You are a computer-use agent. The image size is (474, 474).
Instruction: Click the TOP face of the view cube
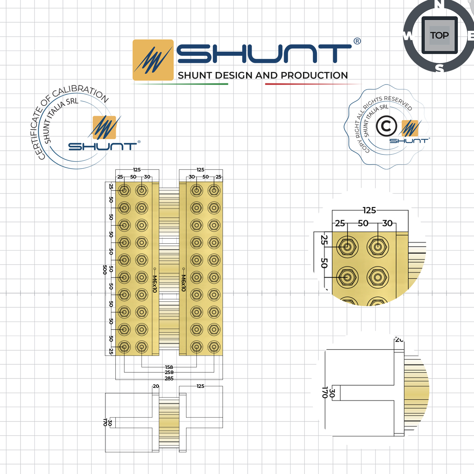pos(439,36)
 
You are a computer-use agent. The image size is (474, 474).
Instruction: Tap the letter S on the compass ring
pos(439,69)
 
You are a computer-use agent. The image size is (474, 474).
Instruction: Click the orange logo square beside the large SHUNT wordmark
pos(153,60)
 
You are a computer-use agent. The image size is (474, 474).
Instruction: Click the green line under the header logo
pos(180,84)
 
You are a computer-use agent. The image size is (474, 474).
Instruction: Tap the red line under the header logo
pos(312,84)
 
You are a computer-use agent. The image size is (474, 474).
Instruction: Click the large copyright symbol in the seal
pos(386,126)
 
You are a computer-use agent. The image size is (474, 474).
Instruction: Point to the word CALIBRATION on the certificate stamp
pos(81,92)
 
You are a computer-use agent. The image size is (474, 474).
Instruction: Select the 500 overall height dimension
pos(105,270)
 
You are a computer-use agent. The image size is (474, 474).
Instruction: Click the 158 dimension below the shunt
pos(169,367)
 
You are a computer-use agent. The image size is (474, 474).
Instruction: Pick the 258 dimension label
pos(169,372)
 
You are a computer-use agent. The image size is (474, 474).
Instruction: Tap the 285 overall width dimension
pos(169,378)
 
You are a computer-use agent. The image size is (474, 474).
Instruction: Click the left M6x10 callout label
pos(155,284)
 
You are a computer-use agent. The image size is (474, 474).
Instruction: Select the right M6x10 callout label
pos(183,283)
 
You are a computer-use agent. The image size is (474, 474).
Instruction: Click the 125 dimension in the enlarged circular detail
pos(369,210)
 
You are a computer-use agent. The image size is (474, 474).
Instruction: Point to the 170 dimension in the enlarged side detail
pos(324,392)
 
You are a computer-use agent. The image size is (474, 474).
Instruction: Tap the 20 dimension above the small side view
pos(156,386)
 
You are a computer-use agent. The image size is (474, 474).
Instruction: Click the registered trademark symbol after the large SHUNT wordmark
pos(357,41)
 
